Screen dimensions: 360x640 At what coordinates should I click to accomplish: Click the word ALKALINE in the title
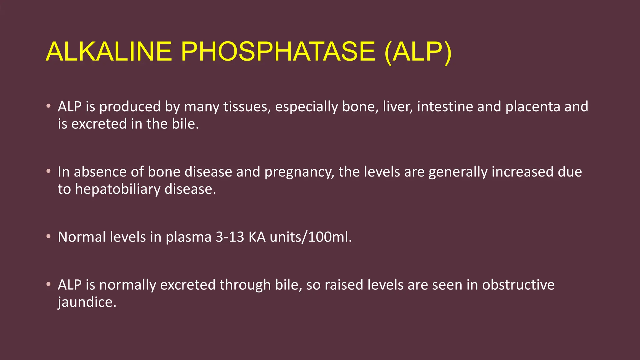tap(109, 52)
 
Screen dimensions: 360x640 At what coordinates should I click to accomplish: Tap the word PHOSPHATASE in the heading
tap(278, 52)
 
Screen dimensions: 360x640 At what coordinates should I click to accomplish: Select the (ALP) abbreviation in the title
tap(418, 52)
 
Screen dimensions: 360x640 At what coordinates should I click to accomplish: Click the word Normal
tap(82, 237)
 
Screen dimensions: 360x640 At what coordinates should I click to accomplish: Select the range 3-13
tap(230, 237)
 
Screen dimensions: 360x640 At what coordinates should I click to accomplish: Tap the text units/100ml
tap(311, 237)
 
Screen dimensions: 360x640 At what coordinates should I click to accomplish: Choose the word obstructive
tap(518, 285)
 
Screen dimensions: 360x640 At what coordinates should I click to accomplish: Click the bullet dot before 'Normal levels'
tap(48, 237)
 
